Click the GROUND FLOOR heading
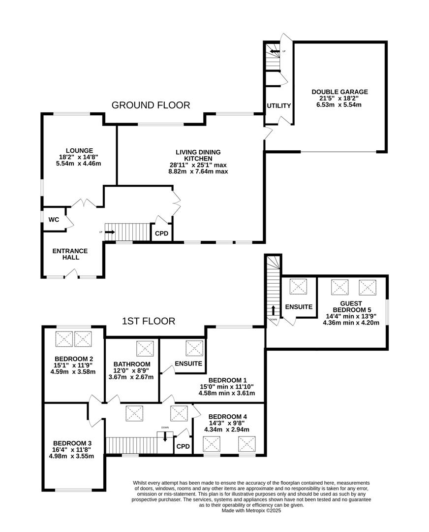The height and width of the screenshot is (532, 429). point(151,105)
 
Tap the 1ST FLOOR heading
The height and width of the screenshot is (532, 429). point(149,321)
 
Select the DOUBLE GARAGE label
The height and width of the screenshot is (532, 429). point(339,92)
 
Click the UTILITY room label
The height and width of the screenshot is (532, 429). point(279,106)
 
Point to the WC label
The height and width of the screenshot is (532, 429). point(54,220)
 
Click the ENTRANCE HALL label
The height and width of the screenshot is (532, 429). point(69,254)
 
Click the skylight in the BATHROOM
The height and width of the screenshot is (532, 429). point(145,348)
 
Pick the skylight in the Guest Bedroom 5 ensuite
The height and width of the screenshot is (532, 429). point(298,287)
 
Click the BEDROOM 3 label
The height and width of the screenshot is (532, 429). point(72,443)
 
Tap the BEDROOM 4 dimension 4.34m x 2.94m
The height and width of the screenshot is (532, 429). point(226,430)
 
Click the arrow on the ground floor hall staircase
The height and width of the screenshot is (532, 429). point(110,232)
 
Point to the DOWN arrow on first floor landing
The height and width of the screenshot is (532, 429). point(165,435)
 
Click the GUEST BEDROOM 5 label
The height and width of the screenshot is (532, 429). point(351,307)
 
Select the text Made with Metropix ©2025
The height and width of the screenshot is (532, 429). point(251,510)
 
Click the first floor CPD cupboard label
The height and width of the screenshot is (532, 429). point(183,446)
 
